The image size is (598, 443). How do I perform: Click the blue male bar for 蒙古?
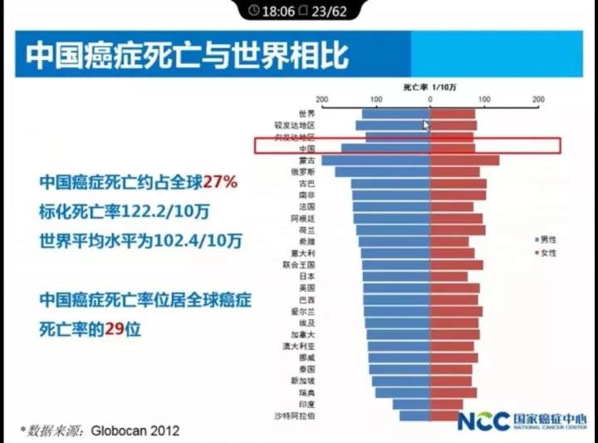pos(375,160)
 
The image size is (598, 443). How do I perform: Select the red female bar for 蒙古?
pos(464,160)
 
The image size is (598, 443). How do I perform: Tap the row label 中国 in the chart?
pos(306,148)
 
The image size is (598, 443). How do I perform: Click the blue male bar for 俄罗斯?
pos(382,172)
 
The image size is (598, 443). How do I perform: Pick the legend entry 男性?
pos(547,240)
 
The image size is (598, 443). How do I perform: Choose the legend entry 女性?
pos(547,252)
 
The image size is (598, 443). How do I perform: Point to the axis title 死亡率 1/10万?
pos(429,86)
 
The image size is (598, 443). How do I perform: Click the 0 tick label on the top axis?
pos(429,100)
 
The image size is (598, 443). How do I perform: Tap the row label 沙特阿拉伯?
pos(294,416)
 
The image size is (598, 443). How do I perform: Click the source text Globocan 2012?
pos(135,431)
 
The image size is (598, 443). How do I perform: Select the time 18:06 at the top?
pos(278,11)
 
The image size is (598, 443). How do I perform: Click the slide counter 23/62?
pos(327,11)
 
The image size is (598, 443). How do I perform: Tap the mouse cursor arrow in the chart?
pos(426,126)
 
